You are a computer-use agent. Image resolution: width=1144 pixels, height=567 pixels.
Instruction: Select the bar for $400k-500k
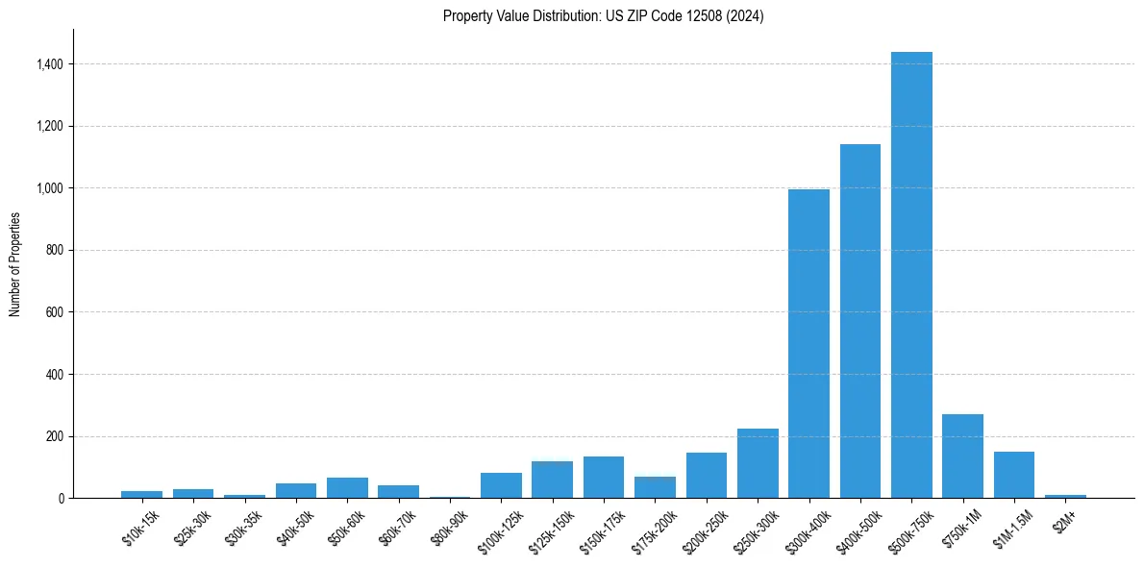(859, 321)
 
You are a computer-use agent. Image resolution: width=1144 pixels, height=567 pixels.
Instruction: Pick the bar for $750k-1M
(962, 456)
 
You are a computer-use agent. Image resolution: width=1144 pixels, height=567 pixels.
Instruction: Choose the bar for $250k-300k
(758, 463)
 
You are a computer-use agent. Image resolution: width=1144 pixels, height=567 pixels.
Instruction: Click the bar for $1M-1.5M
(1013, 475)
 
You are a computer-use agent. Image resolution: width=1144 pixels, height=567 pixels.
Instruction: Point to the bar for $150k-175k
(604, 477)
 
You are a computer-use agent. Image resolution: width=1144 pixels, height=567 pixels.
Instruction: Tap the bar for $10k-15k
(141, 494)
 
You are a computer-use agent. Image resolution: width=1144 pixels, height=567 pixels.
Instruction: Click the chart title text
(603, 16)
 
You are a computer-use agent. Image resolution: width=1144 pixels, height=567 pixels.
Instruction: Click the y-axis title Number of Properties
(15, 264)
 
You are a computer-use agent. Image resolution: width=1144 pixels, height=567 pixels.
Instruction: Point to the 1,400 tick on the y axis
(50, 64)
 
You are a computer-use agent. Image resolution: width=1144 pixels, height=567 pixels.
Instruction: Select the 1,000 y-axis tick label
(50, 188)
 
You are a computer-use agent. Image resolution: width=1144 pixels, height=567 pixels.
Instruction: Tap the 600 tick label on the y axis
(54, 312)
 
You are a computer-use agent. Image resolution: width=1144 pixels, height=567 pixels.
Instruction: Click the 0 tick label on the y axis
(62, 498)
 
